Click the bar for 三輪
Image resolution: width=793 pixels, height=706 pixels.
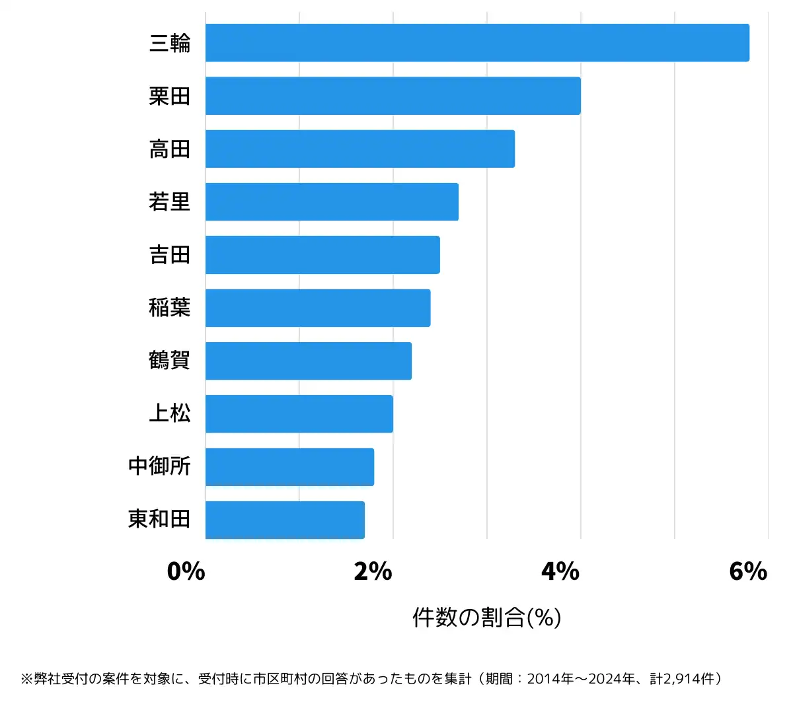[x=477, y=43]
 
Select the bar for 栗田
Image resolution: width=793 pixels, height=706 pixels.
[x=393, y=96]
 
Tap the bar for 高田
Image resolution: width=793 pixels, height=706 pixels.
[x=360, y=149]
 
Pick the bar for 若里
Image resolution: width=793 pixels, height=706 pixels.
[x=332, y=201]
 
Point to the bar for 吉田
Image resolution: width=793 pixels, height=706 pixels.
[x=322, y=255]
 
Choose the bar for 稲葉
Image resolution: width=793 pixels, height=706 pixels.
[x=318, y=308]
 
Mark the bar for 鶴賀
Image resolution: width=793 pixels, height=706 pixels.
[x=309, y=361]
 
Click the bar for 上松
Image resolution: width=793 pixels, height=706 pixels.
[x=299, y=414]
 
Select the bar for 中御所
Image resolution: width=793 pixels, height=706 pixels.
[x=289, y=467]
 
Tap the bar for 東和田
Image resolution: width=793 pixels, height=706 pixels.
[x=285, y=520]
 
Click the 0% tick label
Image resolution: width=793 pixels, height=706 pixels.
[x=186, y=571]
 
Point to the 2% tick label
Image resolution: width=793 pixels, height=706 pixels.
[x=373, y=571]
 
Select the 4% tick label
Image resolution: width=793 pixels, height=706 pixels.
[x=560, y=571]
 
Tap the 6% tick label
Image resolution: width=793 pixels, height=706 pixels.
[x=748, y=571]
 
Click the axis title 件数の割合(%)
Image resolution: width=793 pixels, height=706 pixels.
[x=487, y=618]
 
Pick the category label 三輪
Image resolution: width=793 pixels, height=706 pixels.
[x=170, y=43]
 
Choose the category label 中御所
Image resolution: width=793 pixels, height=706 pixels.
[x=159, y=466]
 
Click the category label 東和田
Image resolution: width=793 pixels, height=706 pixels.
[x=159, y=519]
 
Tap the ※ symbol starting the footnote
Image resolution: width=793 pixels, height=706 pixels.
[x=26, y=679]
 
